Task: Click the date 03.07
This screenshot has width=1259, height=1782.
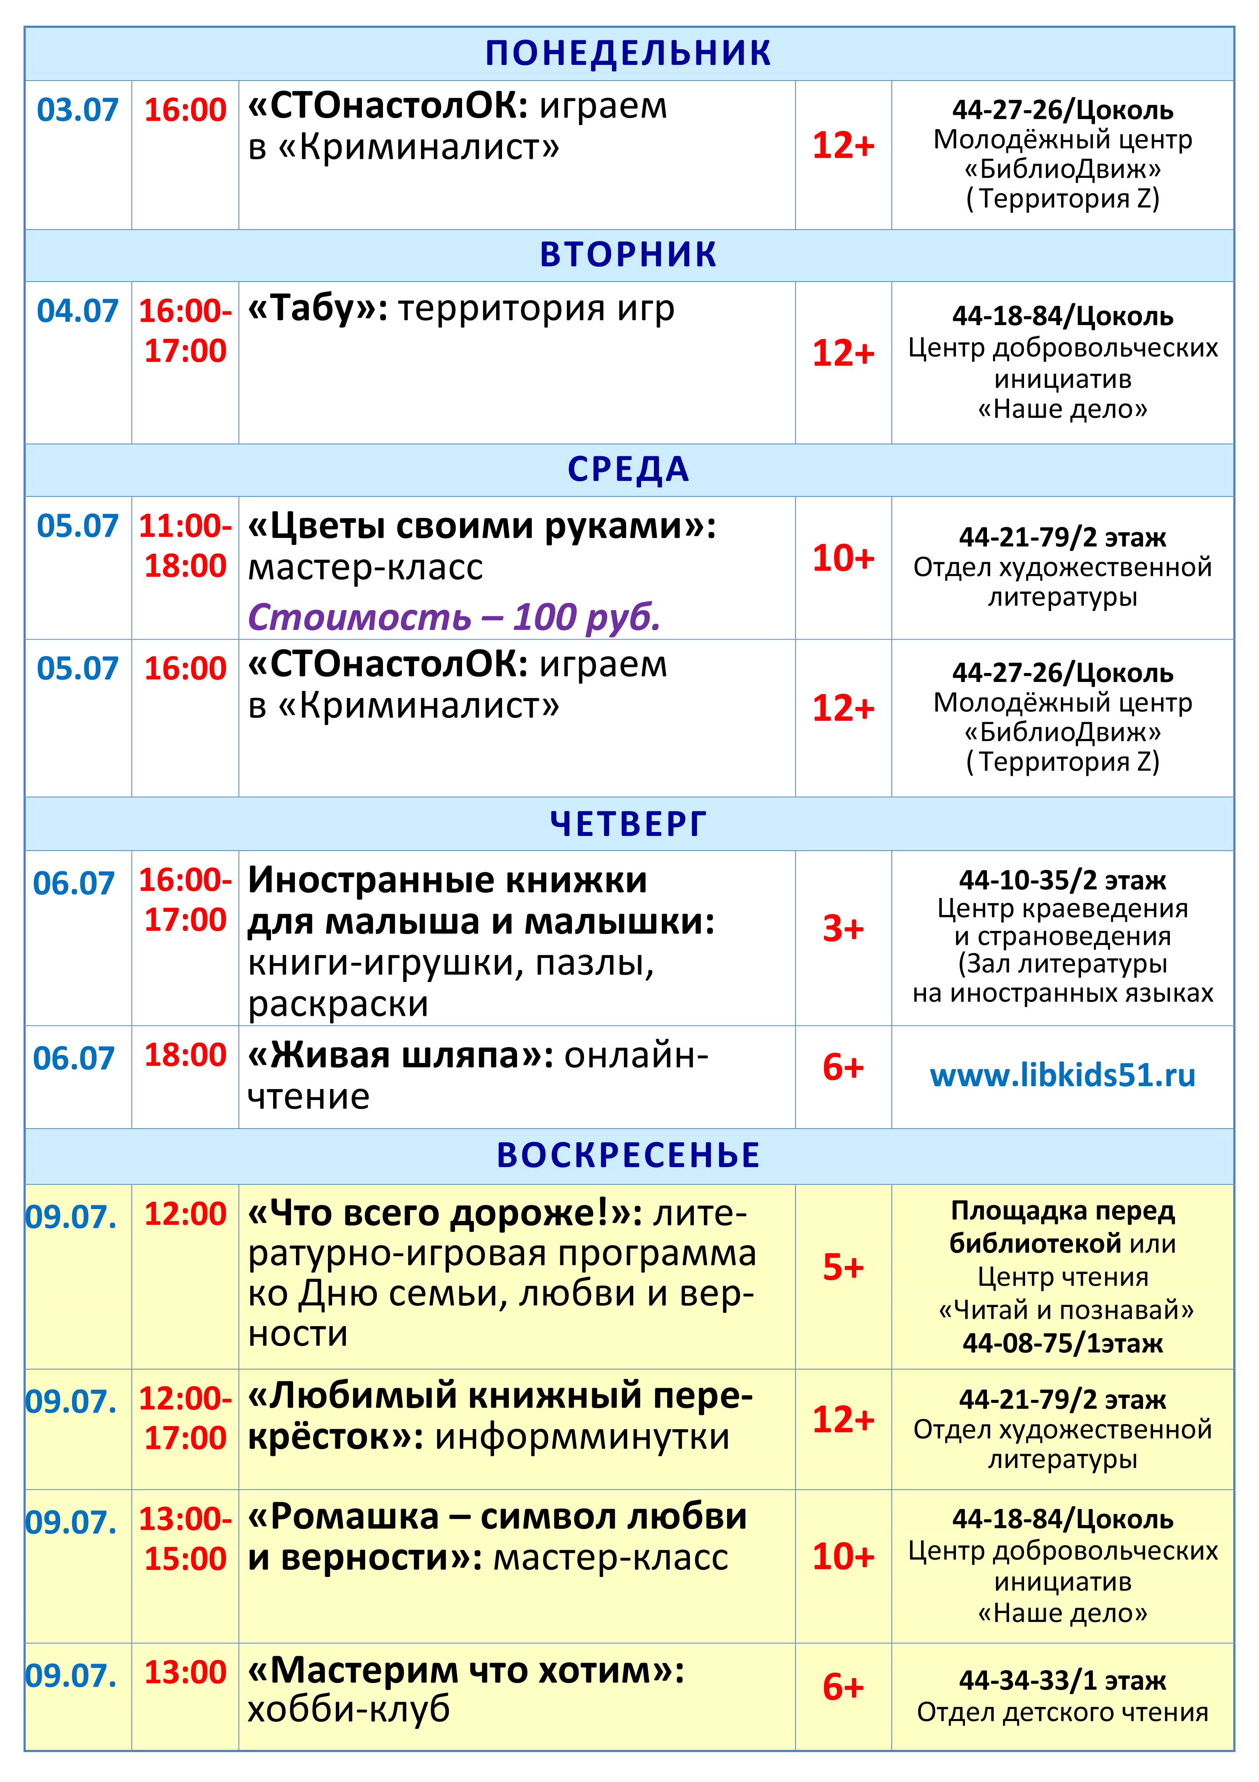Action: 78,110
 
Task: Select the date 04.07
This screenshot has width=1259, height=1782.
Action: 78,311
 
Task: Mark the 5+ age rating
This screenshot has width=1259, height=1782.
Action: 843,1267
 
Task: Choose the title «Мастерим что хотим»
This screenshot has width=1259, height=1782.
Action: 466,1670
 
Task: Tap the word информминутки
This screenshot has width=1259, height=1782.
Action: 582,1437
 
